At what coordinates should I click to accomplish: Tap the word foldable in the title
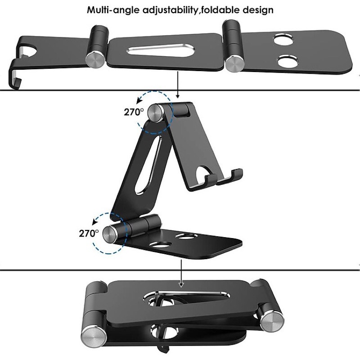tap(219, 10)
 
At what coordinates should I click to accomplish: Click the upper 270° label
tap(134, 112)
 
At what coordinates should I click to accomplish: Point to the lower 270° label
tap(89, 234)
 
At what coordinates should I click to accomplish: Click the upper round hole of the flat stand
tap(284, 39)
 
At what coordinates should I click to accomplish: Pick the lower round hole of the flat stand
tap(288, 62)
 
